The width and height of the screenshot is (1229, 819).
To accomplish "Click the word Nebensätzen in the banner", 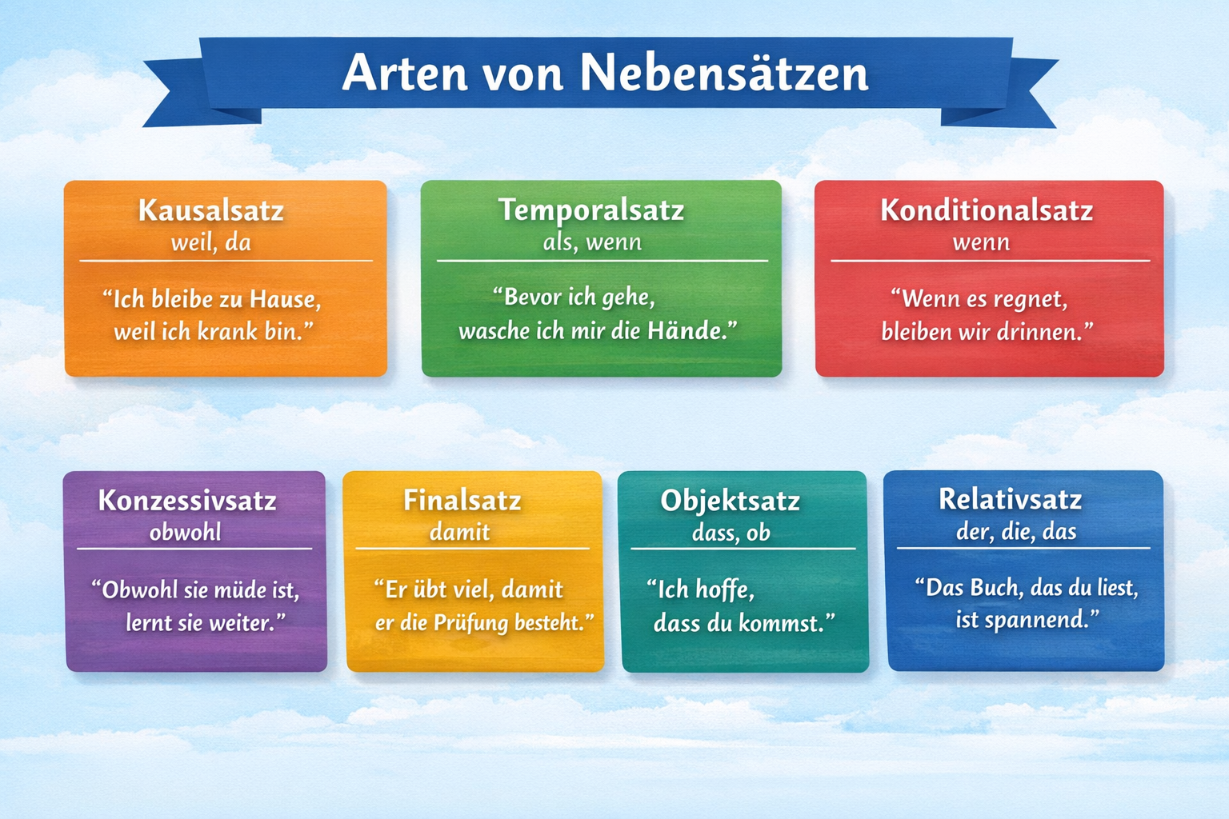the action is click(724, 72).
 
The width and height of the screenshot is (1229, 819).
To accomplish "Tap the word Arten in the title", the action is click(405, 73).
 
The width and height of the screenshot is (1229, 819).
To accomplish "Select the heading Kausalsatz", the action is click(211, 210).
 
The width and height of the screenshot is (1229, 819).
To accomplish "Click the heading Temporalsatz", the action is click(591, 211).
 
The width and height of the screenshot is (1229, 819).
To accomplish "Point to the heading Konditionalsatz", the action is click(987, 210).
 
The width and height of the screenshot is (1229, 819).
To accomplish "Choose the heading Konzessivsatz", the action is click(187, 501).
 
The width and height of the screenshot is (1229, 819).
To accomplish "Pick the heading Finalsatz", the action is click(462, 501).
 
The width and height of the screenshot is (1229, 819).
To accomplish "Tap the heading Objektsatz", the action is click(730, 501).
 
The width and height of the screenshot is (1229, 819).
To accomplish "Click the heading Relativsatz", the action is click(1010, 499).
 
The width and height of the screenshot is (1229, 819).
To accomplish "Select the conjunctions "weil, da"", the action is click(211, 242).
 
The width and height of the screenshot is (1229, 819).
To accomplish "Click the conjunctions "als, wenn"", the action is click(592, 242).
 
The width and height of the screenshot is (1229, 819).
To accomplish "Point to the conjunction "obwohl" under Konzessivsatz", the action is click(186, 532).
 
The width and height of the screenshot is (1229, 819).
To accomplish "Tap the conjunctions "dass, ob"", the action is click(731, 533).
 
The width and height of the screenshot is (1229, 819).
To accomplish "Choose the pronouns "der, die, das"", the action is click(1016, 531).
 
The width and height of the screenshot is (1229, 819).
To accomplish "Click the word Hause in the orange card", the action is click(285, 299).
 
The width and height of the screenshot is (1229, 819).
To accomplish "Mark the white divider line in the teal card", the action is click(743, 549).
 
